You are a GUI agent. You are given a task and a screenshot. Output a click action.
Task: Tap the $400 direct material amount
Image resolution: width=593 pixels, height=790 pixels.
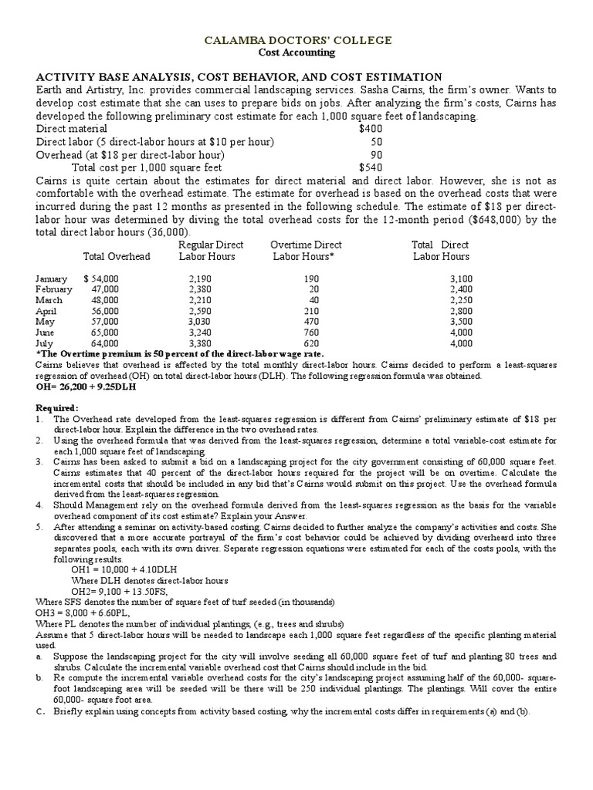370,129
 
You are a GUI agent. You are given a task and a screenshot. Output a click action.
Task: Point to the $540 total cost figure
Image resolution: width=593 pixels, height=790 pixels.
370,166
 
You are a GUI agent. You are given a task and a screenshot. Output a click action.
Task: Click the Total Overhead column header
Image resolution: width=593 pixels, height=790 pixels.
117,257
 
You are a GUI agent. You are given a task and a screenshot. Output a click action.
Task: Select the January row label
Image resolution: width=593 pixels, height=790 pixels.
52,279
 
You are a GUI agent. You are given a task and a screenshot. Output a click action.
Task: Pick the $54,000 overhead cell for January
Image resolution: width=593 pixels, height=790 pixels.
100,279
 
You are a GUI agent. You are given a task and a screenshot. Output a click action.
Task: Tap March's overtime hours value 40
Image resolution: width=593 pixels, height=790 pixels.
313,300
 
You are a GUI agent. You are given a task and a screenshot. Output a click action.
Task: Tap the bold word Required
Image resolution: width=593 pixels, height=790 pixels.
56,407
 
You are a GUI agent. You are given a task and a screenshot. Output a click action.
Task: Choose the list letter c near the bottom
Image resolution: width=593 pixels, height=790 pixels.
39,711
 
